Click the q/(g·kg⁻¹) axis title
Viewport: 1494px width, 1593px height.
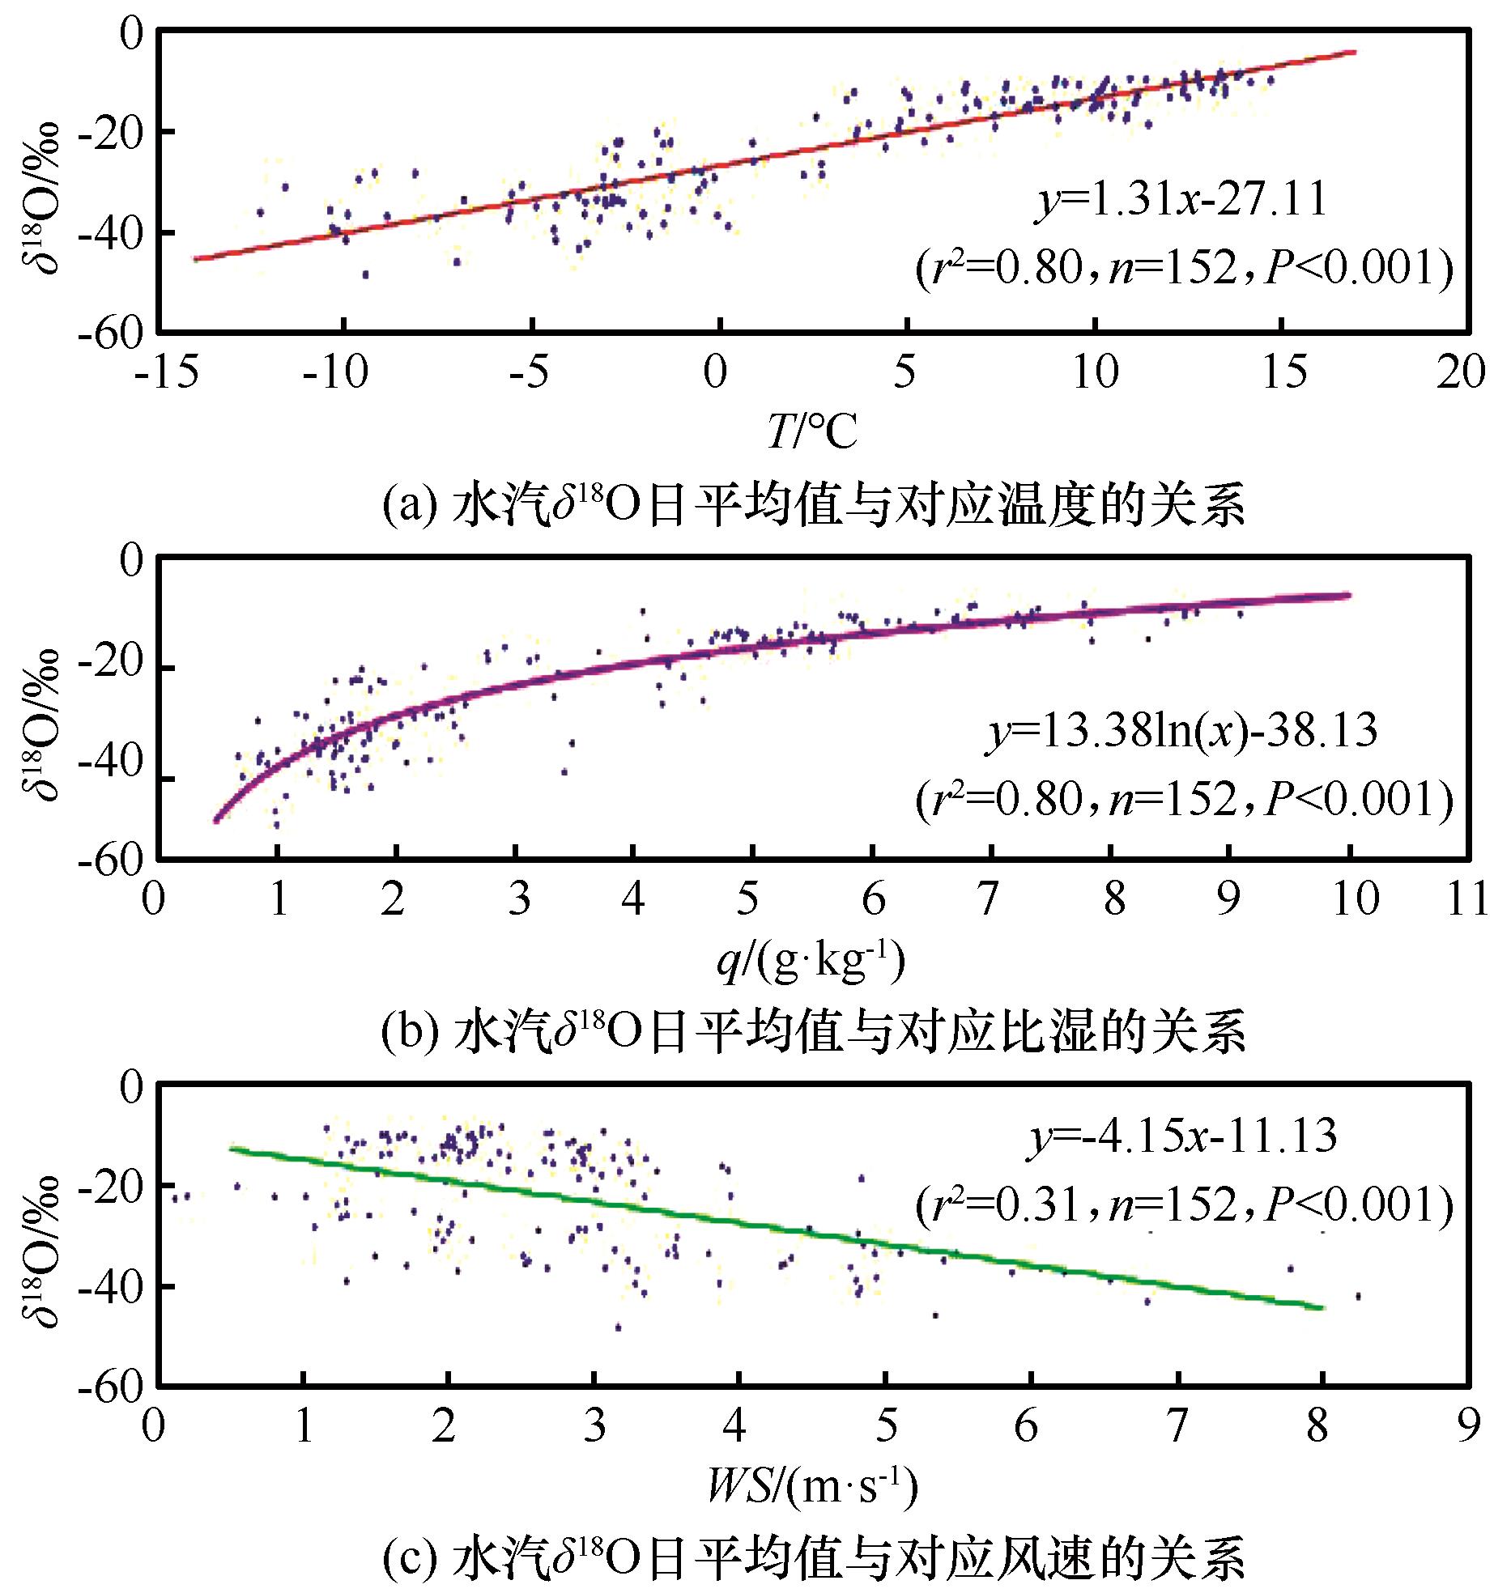pos(810,962)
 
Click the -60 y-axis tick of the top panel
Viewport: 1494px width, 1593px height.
pos(109,333)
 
